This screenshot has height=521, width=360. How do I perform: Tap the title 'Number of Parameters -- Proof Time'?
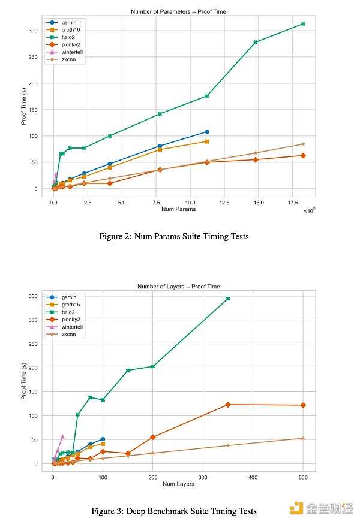178,11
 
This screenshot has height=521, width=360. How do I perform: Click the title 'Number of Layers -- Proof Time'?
178,287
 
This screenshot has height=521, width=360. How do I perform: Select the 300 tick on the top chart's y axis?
34,30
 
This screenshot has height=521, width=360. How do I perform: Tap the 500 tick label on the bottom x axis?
303,477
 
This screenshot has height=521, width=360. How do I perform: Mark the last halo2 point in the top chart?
303,24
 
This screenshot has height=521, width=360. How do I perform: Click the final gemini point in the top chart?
207,132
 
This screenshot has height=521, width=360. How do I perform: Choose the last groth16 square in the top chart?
207,141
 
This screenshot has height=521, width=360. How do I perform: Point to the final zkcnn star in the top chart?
303,144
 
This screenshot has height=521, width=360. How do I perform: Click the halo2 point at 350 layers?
228,299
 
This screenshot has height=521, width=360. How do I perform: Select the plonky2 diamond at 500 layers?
303,405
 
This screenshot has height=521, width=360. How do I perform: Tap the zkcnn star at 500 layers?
303,438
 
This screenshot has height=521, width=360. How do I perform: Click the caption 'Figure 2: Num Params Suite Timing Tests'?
173,236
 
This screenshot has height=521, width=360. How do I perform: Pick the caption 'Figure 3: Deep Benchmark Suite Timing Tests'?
173,511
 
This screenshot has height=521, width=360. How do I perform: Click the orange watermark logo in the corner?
296,508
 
